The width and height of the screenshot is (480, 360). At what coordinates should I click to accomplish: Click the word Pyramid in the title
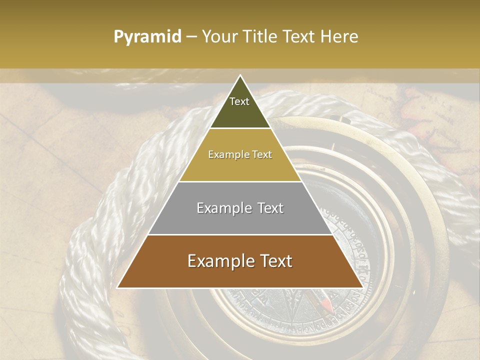tap(147, 37)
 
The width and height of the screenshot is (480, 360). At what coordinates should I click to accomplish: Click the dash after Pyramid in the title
tap(191, 37)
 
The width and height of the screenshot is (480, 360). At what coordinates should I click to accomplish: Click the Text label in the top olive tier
tap(239, 101)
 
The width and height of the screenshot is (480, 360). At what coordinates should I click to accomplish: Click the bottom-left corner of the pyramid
tap(117, 287)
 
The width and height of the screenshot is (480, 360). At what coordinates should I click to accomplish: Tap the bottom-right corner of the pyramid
tap(363, 287)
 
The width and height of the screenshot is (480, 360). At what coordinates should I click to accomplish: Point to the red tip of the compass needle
tap(326, 303)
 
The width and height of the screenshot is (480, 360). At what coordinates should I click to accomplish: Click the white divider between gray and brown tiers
tap(240, 234)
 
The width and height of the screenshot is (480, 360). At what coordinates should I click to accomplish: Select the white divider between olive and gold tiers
tap(240, 128)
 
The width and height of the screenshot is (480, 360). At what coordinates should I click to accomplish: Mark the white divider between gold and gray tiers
tap(240, 181)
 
